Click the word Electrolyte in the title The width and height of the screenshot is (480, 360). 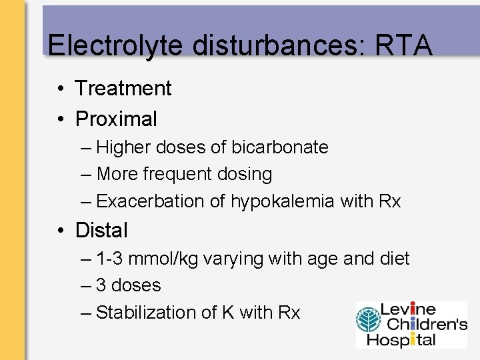point(114,45)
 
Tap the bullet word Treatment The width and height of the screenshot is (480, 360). point(123,88)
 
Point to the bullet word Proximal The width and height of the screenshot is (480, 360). point(117,119)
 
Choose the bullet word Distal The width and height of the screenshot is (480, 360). point(101,230)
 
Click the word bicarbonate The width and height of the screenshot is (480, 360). point(279,147)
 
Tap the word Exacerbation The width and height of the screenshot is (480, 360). point(151,201)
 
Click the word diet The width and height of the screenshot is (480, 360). point(394,259)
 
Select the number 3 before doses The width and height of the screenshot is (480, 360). point(101,285)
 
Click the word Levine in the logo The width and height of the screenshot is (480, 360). point(408,310)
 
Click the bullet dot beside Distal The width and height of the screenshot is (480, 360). point(61,231)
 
